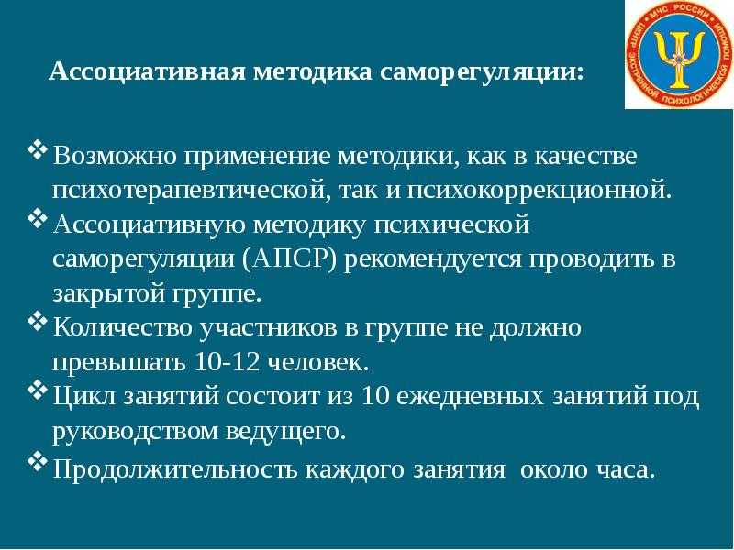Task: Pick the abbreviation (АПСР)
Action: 290,258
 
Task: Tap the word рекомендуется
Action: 432,258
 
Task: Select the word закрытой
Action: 108,293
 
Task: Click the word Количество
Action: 122,327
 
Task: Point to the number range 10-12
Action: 226,361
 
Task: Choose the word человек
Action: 317,361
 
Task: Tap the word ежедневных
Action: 470,396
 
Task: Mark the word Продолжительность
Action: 175,468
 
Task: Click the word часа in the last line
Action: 625,469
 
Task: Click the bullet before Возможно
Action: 37,150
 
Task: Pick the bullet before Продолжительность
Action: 37,462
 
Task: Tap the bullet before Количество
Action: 37,322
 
